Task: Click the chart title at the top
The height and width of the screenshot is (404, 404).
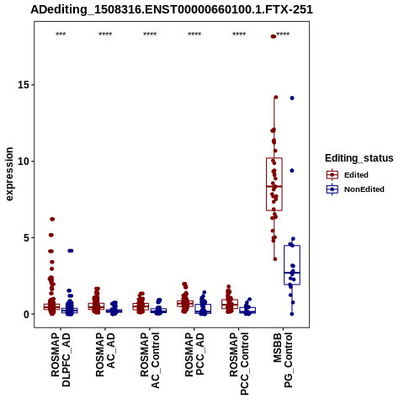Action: coord(172,10)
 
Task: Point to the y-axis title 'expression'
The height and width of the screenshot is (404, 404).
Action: coord(9,174)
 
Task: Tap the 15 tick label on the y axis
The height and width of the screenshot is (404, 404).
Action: coord(23,85)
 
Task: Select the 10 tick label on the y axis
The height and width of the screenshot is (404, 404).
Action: coord(23,162)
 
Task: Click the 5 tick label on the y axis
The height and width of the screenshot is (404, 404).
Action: coord(26,237)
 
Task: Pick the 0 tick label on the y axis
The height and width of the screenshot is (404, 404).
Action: coord(26,314)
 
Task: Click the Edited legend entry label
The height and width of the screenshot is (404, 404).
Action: coord(356,175)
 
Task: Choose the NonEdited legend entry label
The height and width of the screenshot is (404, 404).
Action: coord(364,189)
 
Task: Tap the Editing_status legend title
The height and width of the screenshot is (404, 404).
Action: coord(359,158)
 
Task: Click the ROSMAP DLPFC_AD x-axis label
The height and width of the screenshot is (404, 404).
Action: coord(61,359)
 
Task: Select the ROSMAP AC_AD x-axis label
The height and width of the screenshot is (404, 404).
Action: coord(105,354)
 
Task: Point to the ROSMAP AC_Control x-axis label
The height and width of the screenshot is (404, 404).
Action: coord(150,360)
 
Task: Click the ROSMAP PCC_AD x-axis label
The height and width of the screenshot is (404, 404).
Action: coord(194,354)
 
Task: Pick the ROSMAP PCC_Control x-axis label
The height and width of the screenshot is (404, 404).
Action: coord(239,364)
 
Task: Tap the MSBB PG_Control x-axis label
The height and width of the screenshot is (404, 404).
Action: coord(283,360)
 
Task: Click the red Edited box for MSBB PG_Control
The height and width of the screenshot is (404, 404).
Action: coord(274,184)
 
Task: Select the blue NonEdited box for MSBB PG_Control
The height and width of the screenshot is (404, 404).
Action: coord(292,265)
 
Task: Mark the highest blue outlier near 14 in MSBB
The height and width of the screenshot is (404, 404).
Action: coord(292,98)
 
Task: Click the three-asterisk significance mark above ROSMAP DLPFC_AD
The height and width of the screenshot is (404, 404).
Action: coord(61,35)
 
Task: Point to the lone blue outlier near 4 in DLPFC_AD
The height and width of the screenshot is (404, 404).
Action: coord(71,251)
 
